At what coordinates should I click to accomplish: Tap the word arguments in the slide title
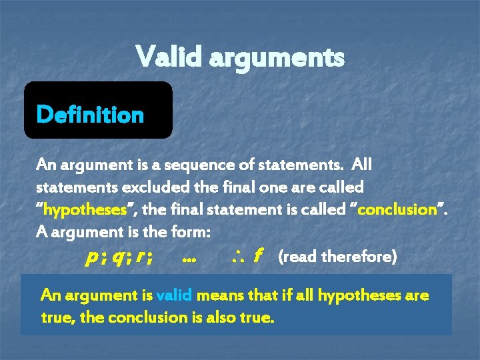pyautogui.click(x=277, y=58)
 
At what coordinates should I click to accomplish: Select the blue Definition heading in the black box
pyautogui.click(x=90, y=115)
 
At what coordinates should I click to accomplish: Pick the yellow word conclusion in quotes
pyautogui.click(x=404, y=209)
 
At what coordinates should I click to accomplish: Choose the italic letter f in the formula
pyautogui.click(x=257, y=256)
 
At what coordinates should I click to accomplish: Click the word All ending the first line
pyautogui.click(x=362, y=164)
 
